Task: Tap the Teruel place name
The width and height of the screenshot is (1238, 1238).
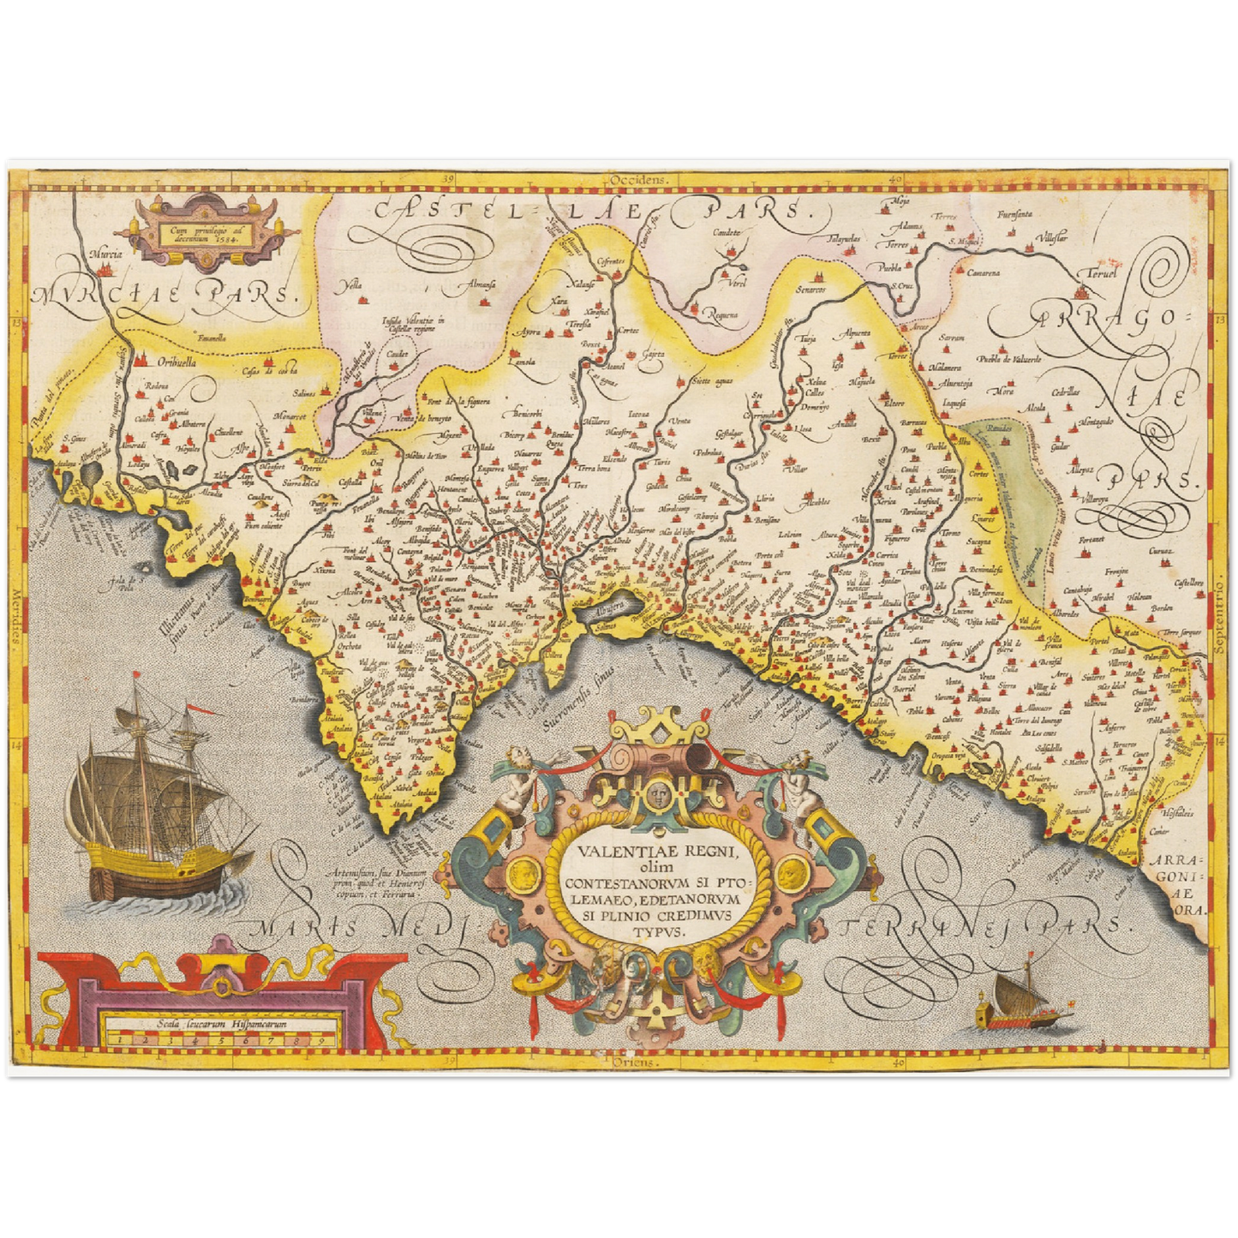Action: pyautogui.click(x=1103, y=274)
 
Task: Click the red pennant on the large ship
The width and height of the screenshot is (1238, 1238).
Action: pyautogui.click(x=196, y=710)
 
